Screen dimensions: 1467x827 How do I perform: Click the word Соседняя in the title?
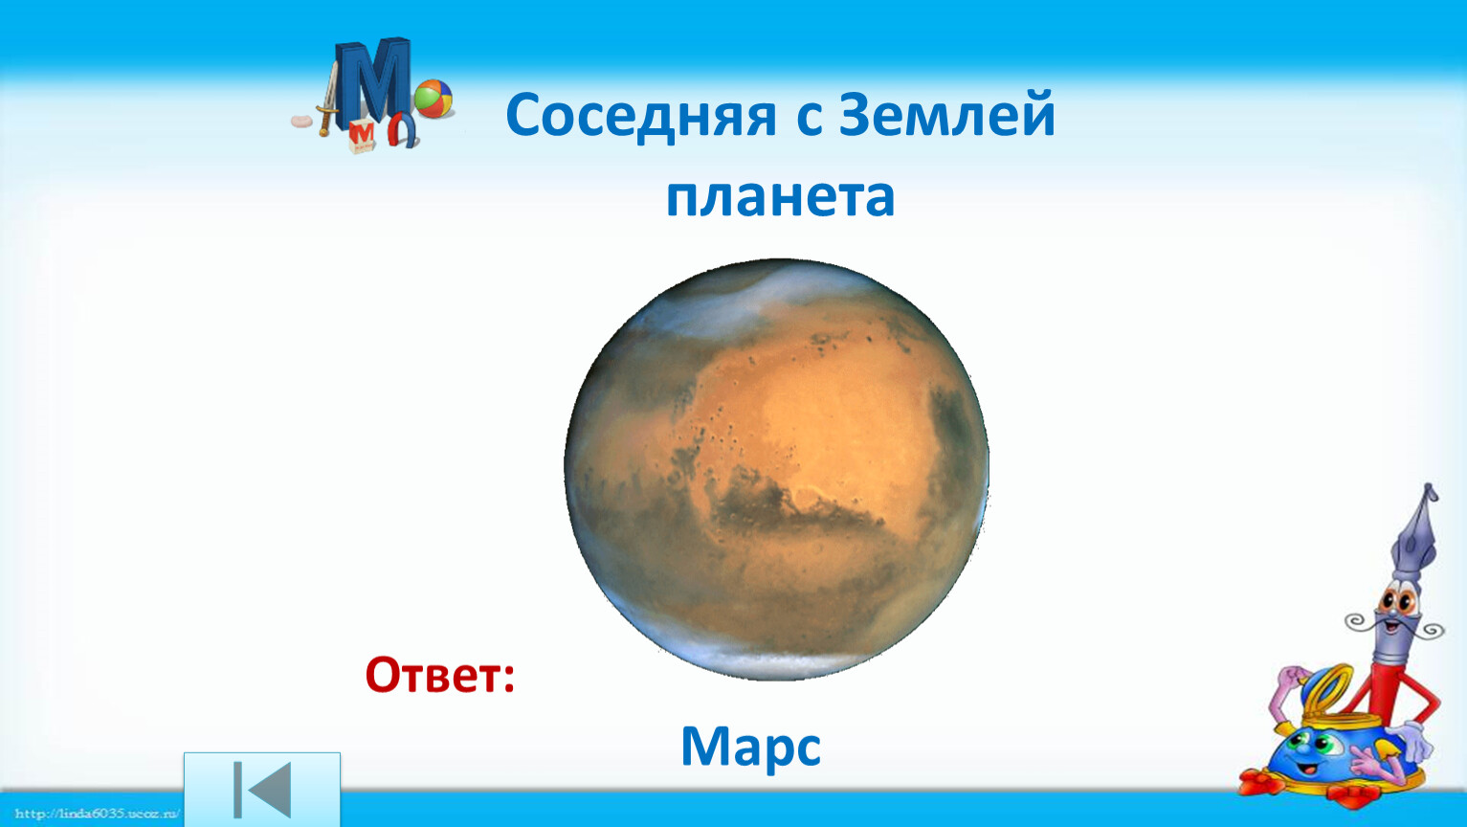pos(640,117)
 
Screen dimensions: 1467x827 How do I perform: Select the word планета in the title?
pos(780,196)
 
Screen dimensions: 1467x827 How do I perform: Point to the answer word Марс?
pos(750,749)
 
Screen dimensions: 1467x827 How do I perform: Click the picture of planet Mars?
pos(777,469)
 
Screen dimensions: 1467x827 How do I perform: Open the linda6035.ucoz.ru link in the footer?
pos(97,814)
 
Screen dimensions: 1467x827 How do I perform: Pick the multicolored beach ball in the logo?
pos(433,99)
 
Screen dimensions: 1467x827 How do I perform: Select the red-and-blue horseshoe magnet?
pos(402,130)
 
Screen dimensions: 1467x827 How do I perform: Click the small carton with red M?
pos(361,136)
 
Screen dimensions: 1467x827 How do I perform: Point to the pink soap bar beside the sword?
pos(302,122)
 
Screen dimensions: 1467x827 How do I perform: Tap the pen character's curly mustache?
pos(1393,624)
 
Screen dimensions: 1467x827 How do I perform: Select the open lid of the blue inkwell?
pos(1324,692)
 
